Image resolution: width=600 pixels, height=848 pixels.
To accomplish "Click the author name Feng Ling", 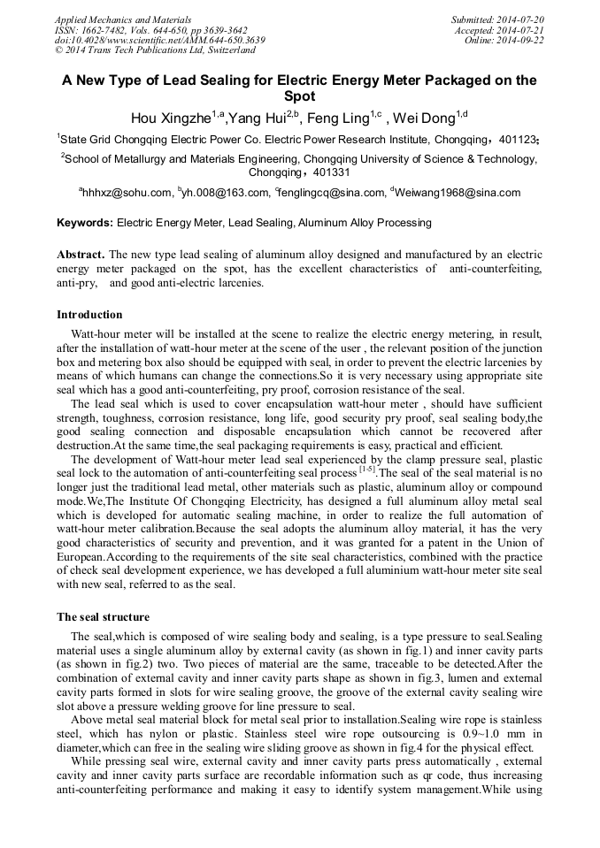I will (x=337, y=118).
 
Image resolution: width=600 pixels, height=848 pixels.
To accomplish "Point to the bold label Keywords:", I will (x=85, y=224).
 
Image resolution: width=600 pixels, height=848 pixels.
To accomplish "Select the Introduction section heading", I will (x=89, y=315).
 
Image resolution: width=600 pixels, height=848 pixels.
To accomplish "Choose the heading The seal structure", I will (x=103, y=617).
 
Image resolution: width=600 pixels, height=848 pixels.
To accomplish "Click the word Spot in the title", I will (x=299, y=96).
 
